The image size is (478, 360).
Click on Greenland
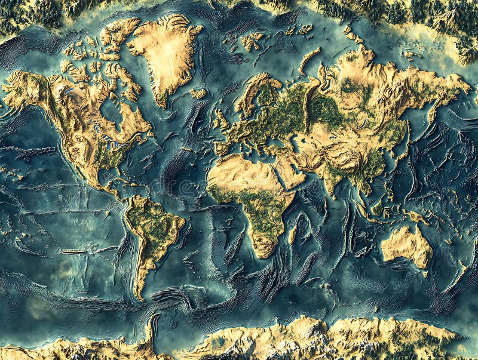tap(164, 54)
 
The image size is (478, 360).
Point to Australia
tap(406, 245)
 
